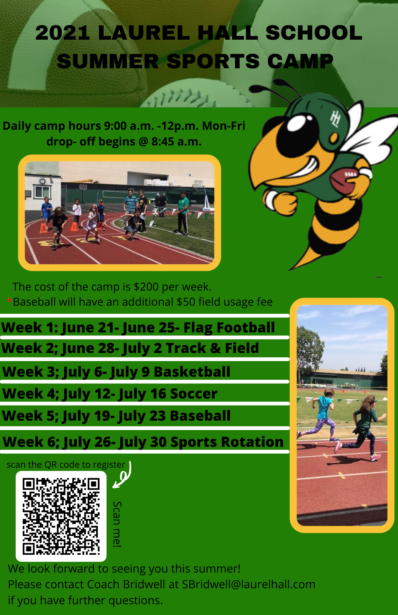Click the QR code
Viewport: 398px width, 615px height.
pos(61,516)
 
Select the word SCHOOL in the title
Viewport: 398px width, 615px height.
pos(314,33)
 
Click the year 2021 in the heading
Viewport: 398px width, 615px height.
pos(63,33)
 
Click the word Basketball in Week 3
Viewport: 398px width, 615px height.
pos(192,372)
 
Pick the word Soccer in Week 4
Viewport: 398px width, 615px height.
pos(194,394)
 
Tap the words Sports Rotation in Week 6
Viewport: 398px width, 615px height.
pos(227,442)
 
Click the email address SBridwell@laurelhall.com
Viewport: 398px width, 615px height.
pos(249,584)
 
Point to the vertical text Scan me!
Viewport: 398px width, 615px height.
pos(117,524)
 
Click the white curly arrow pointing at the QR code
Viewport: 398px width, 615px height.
pos(122,475)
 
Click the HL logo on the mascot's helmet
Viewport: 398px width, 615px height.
pos(335,119)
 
